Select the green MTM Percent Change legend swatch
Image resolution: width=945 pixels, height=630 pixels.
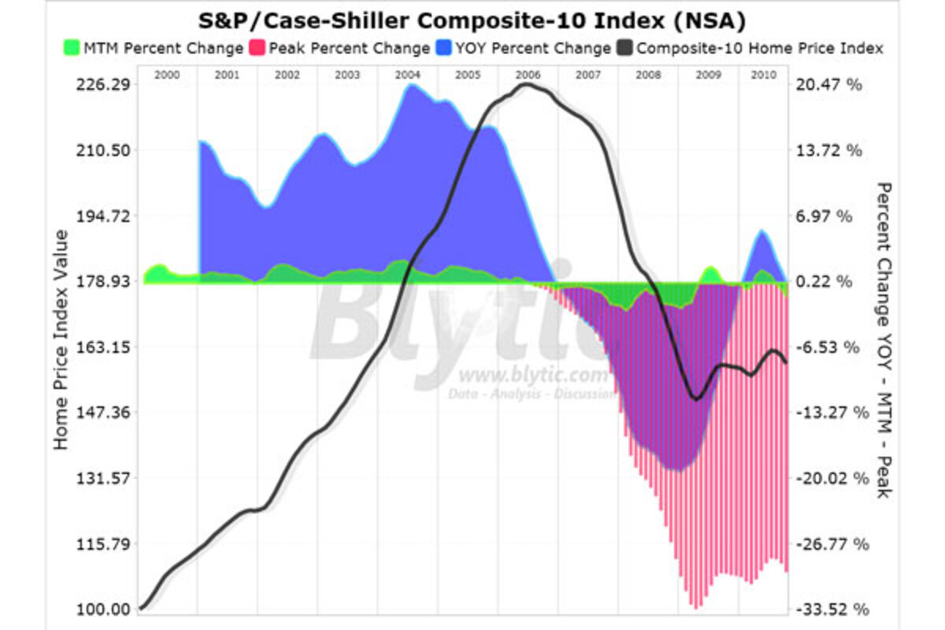[x=72, y=48]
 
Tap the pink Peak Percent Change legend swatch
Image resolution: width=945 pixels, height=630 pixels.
[x=257, y=48]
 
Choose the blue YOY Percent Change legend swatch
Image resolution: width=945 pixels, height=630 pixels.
[x=443, y=48]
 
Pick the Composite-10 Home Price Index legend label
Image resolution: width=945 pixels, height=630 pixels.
[x=759, y=48]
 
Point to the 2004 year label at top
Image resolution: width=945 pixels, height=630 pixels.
[x=407, y=75]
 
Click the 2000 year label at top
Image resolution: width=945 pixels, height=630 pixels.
[x=168, y=75]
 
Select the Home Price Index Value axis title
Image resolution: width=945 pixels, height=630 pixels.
[x=61, y=340]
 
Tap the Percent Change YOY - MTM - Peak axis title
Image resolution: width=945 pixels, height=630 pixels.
[x=883, y=340]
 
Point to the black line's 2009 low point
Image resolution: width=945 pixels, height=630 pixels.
[x=695, y=398]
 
